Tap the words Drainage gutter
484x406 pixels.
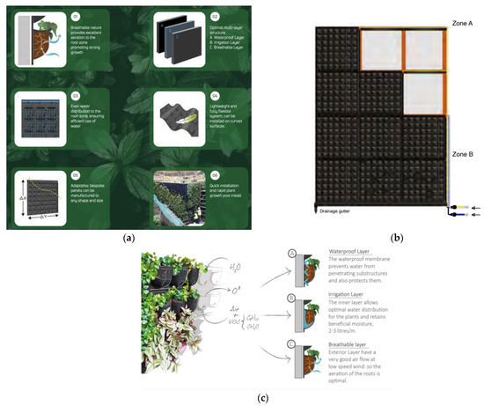pos(339,211)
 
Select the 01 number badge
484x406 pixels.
pos(74,15)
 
